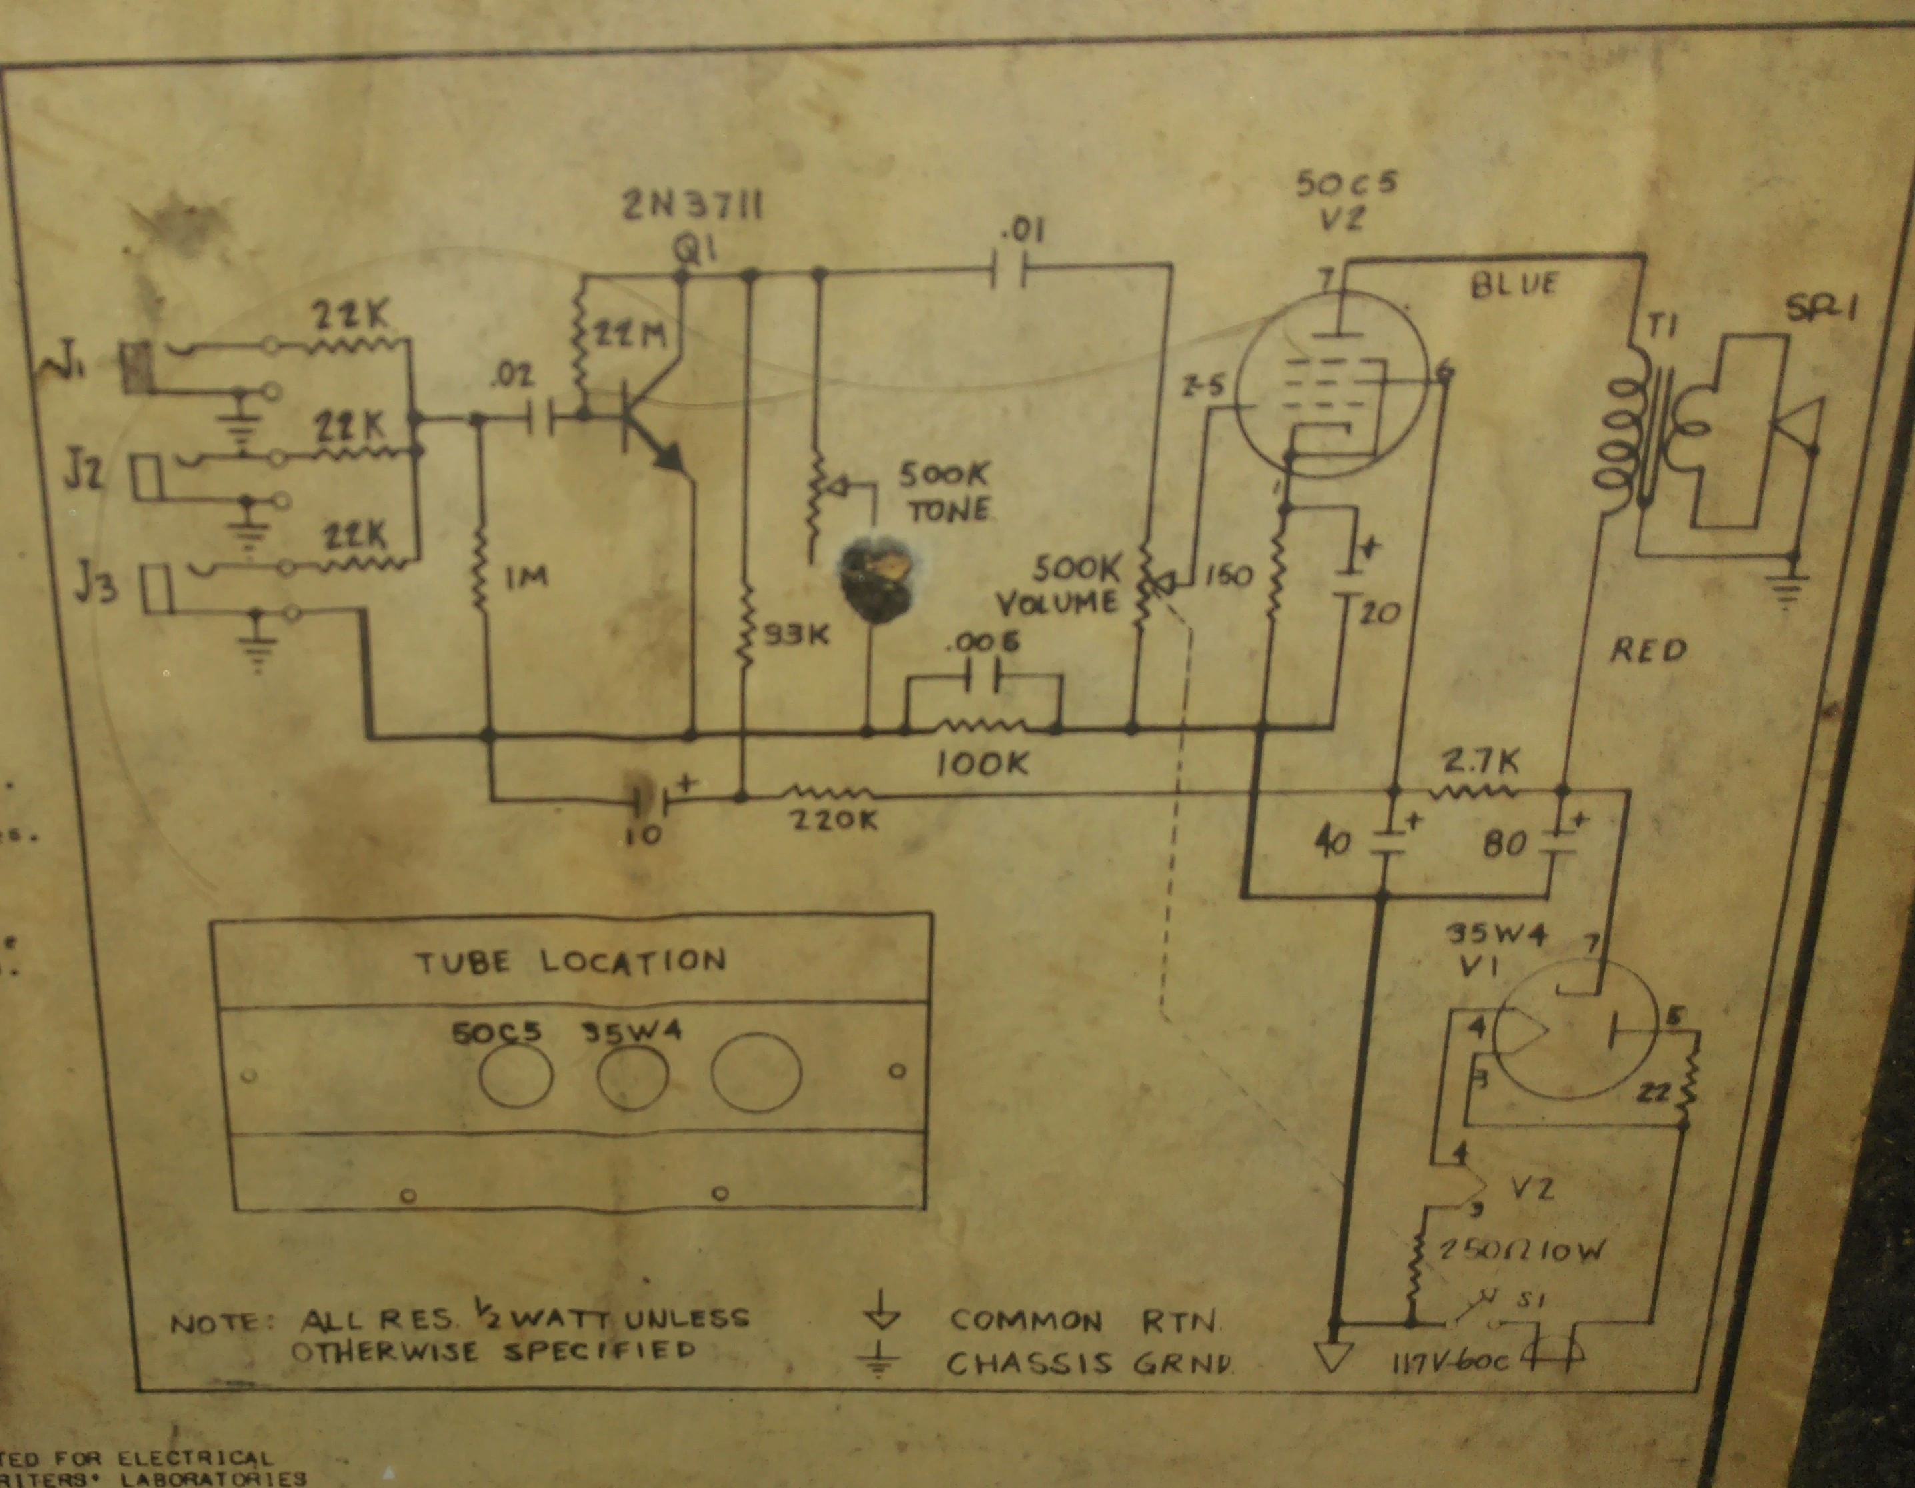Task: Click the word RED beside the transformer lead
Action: pos(1648,650)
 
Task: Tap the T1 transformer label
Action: pos(1660,326)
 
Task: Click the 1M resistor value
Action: pos(525,577)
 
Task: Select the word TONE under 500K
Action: pos(949,510)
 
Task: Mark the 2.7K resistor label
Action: pos(1478,762)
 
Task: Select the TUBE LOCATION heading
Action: pos(571,961)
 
